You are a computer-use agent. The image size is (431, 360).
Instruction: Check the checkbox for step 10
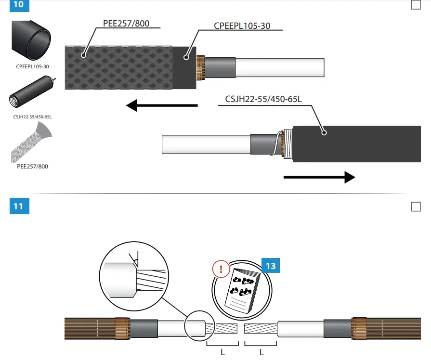(x=416, y=5)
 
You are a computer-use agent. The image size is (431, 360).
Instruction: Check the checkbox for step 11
(x=416, y=206)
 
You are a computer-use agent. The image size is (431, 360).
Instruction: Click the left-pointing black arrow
(x=162, y=105)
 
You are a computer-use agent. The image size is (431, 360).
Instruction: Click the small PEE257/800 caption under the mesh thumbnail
(x=32, y=167)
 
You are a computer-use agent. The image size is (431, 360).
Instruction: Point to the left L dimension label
(x=222, y=352)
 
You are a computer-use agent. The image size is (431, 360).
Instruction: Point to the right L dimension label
(x=261, y=352)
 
